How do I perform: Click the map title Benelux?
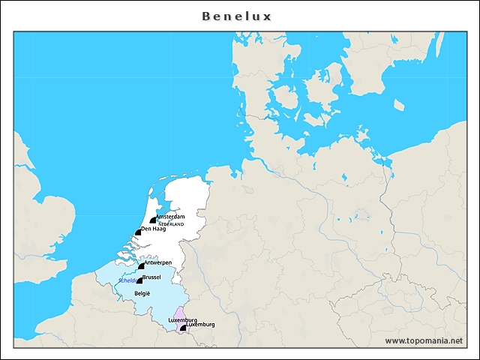coord(237,16)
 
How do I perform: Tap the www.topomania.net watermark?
coord(424,340)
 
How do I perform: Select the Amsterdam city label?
coord(170,217)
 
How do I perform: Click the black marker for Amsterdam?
coord(153,220)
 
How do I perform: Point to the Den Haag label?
coord(153,229)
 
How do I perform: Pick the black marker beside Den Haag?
coord(138,232)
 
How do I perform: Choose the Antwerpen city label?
coord(158,262)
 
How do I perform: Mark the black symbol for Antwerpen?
coord(141,265)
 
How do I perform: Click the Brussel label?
coord(151,277)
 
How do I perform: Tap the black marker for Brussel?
coord(139,280)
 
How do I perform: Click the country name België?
coord(142,293)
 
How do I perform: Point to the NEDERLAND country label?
coord(171,224)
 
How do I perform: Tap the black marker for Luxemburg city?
coord(183,328)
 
